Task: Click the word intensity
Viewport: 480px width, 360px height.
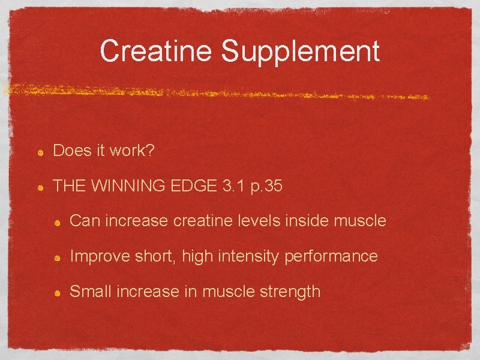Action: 250,257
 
